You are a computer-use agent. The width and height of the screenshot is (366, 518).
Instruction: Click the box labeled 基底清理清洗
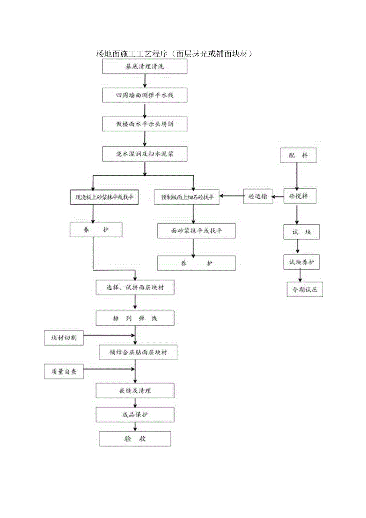pyautogui.click(x=145, y=66)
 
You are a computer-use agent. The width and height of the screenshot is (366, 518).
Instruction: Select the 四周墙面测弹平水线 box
pyautogui.click(x=145, y=96)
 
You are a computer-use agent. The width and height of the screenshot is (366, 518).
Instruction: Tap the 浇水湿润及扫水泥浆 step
pyautogui.click(x=145, y=154)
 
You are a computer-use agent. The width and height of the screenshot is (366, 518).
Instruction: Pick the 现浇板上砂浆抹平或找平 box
pyautogui.click(x=105, y=197)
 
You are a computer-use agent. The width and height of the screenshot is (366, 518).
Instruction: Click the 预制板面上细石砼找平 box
pyautogui.click(x=187, y=197)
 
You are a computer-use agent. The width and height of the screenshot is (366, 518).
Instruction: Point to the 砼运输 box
pyautogui.click(x=258, y=197)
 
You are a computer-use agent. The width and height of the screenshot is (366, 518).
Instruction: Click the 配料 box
pyautogui.click(x=298, y=155)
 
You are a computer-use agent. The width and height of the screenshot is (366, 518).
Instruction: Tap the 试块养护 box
pyautogui.click(x=302, y=262)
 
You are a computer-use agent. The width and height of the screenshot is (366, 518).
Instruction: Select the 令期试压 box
pyautogui.click(x=305, y=290)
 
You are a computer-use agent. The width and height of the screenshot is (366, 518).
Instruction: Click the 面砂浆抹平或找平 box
pyautogui.click(x=197, y=231)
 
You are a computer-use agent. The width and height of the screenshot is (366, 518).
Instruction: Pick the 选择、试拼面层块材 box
pyautogui.click(x=135, y=287)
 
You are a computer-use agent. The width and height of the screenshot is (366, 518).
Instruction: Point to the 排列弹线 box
pyautogui.click(x=135, y=319)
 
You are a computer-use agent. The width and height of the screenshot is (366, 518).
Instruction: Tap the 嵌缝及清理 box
pyautogui.click(x=135, y=391)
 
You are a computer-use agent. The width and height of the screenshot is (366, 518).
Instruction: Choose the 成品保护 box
pyautogui.click(x=135, y=415)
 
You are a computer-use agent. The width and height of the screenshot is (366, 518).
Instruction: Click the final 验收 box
pyautogui.click(x=135, y=439)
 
